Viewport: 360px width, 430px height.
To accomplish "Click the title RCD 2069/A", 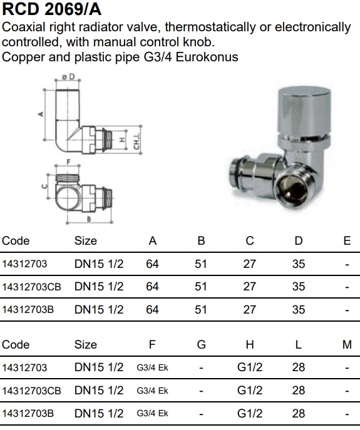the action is pos(51,9).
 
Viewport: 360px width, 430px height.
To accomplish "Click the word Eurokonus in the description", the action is pos(207,57).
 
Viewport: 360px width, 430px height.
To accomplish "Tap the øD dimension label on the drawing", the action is pos(68,76).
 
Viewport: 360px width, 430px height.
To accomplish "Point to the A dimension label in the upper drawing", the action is pos(41,114).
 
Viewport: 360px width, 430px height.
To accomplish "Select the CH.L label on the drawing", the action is pos(136,141).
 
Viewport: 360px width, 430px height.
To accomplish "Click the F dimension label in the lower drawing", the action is pos(68,162).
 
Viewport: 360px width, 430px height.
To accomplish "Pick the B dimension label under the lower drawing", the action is pos(89,219).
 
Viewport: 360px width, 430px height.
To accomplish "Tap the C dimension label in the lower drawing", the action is pos(44,187).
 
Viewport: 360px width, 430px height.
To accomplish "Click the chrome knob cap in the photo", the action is pos(304,110).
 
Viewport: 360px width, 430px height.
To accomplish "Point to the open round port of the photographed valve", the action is pos(291,189).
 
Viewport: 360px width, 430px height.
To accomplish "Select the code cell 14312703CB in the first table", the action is pos(31,287).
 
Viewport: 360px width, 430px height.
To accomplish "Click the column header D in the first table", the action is pos(298,241).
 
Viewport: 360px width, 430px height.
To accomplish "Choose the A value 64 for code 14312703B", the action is pos(152,310).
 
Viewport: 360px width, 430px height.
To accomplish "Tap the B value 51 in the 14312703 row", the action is pos(200,264).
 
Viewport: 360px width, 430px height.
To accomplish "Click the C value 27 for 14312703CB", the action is pos(249,287).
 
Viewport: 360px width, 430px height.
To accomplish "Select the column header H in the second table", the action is pos(250,344).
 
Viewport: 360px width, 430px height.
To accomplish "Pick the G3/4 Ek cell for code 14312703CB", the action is pos(152,391).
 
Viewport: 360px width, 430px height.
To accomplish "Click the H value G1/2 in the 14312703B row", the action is pos(250,413).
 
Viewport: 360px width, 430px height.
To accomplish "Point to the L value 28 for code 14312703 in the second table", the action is pos(299,367).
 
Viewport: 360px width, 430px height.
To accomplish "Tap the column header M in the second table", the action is pos(347,344).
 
